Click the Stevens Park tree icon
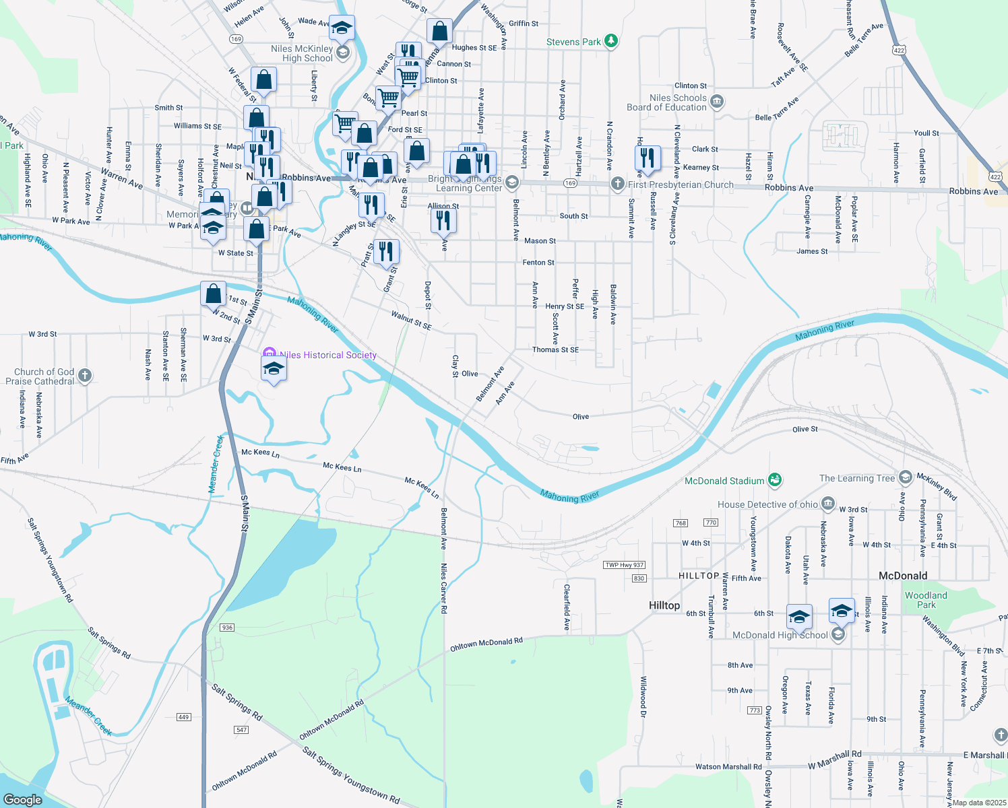[611, 42]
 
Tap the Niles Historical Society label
[328, 355]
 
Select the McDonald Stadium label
[724, 481]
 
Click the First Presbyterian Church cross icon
[617, 184]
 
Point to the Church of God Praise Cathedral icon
[84, 376]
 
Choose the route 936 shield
[227, 628]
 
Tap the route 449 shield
[184, 717]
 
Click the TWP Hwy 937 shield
[624, 565]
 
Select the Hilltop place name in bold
[664, 605]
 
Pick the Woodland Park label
[926, 600]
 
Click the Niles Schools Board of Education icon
[717, 102]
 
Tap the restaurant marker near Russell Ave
[647, 158]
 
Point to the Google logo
[23, 799]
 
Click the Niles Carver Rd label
[443, 588]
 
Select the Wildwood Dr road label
[643, 697]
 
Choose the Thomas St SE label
[555, 350]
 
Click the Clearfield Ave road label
[567, 607]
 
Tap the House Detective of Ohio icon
[828, 504]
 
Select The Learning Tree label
[857, 478]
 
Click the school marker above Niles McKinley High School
[342, 29]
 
